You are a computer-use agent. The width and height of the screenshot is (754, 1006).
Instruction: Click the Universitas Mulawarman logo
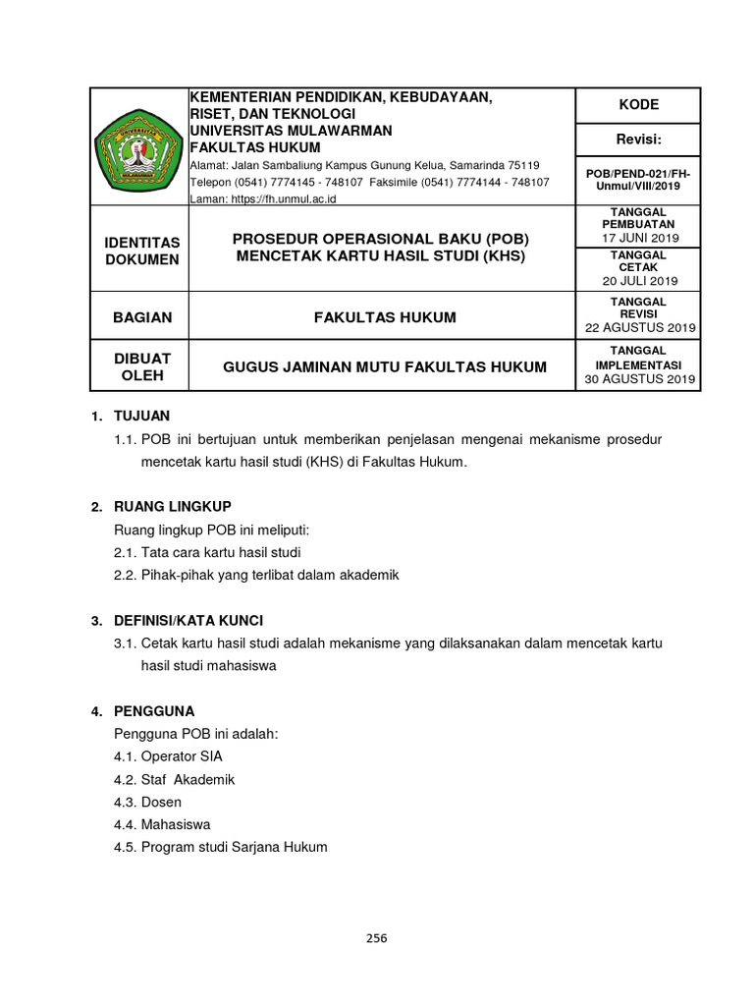click(138, 147)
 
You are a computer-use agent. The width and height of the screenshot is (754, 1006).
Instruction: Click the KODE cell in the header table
click(637, 105)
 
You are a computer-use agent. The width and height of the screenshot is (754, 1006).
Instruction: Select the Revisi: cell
click(637, 140)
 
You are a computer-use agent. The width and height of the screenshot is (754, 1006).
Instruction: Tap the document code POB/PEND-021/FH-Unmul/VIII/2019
click(638, 180)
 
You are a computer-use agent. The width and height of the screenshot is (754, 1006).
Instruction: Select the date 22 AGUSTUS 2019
click(639, 327)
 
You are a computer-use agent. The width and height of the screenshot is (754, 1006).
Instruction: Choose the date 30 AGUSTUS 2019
click(639, 379)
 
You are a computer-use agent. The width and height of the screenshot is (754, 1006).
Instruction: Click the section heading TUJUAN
click(142, 417)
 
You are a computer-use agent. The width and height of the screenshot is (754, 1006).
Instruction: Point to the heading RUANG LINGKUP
click(173, 507)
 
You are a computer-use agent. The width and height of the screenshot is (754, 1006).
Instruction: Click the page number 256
click(377, 938)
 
